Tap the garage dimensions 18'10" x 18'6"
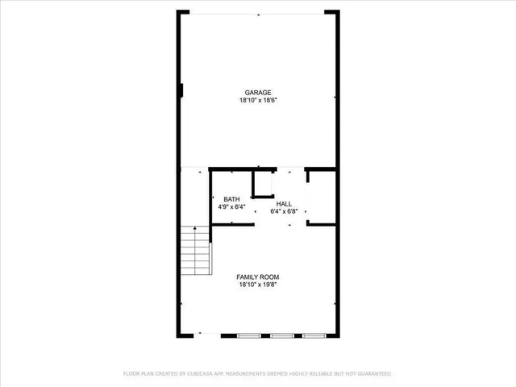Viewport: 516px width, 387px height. tap(258, 102)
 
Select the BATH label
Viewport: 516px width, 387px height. tap(231, 199)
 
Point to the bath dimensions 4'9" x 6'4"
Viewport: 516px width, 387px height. tap(231, 207)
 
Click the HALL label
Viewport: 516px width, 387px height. tap(284, 204)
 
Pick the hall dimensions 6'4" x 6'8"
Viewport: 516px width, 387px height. tap(284, 212)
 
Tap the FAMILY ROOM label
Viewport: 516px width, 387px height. tap(258, 277)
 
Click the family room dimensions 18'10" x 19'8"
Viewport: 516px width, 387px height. tap(258, 285)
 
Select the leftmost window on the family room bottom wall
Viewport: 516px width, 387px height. tap(248, 335)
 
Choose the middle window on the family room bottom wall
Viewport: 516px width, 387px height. tap(281, 335)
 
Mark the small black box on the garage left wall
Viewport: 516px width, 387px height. tap(181, 90)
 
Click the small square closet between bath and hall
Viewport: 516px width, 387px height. tap(263, 185)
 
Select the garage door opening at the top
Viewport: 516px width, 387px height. tap(258, 13)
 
